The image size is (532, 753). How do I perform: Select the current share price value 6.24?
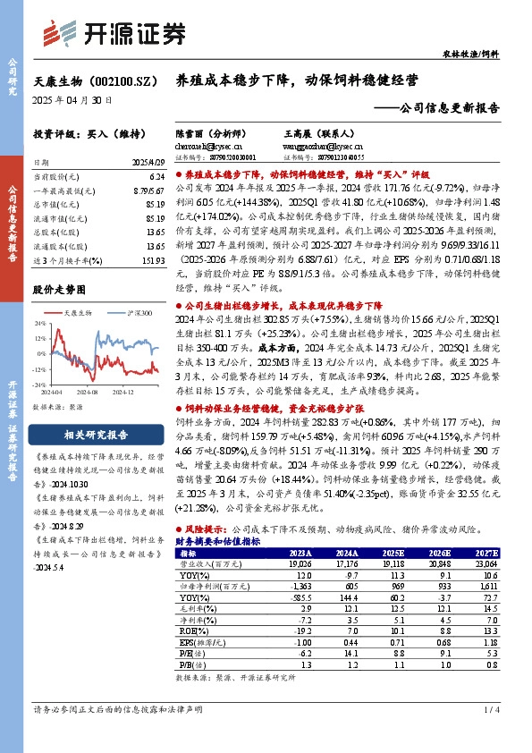[156, 177]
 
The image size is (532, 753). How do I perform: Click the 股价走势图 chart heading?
[60, 290]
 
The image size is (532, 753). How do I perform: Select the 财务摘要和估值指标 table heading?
[217, 541]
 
